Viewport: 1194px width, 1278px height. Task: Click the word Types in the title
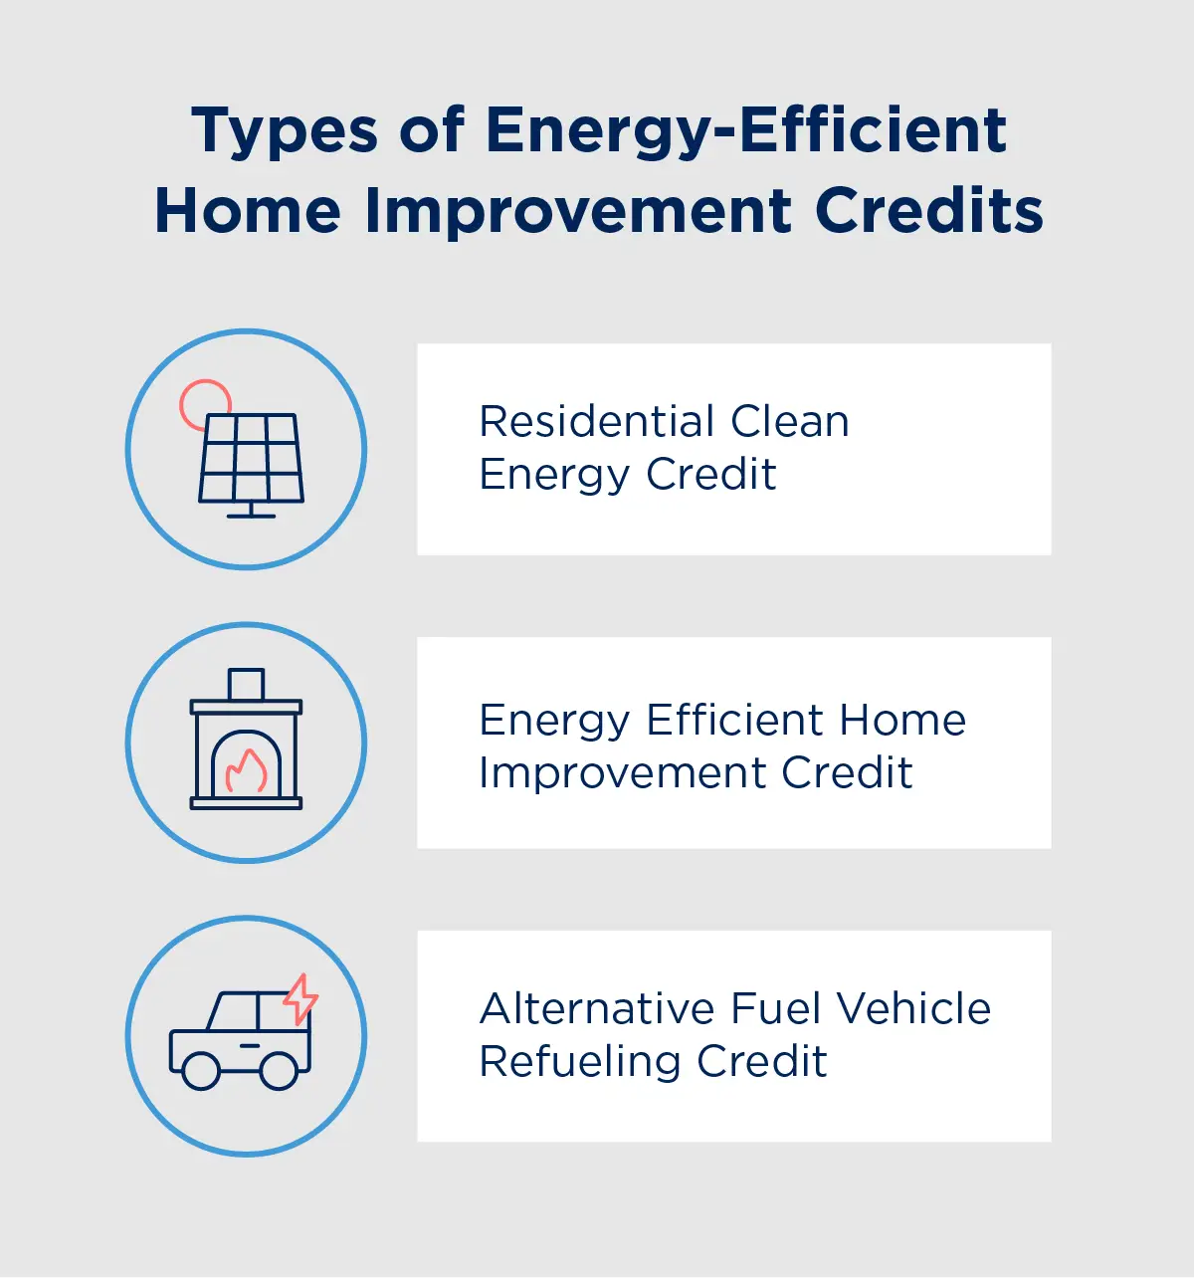pos(285,132)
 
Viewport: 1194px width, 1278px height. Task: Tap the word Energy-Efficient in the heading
pos(746,132)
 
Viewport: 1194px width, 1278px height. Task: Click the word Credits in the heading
pos(929,212)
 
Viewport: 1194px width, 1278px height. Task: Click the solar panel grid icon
pos(251,458)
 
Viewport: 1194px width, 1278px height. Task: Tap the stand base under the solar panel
pos(251,514)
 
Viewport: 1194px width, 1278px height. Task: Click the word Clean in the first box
pos(790,421)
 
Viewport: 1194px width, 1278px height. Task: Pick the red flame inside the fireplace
pos(246,770)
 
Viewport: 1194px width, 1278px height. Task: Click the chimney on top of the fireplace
pos(246,684)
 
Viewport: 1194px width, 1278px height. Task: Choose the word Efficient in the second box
pos(736,720)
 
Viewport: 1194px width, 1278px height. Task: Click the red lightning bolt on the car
pos(300,998)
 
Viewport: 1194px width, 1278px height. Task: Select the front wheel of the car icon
pos(200,1071)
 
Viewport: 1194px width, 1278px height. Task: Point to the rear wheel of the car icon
pos(279,1071)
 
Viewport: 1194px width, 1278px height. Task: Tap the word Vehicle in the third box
pos(913,1008)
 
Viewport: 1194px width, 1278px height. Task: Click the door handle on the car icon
pos(250,1044)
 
